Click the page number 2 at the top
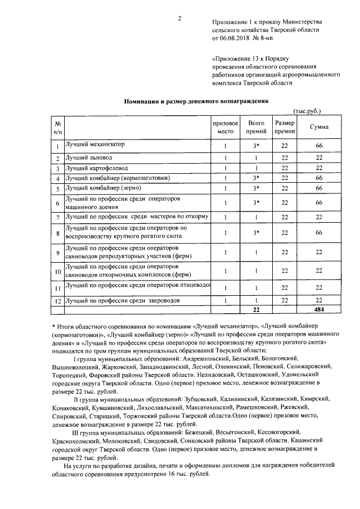click(x=179, y=19)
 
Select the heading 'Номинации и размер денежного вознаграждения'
click(x=196, y=101)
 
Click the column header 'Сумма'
click(x=319, y=127)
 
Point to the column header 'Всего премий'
click(x=256, y=127)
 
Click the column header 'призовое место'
click(x=225, y=127)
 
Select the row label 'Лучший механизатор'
click(x=94, y=145)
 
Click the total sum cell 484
click(x=319, y=309)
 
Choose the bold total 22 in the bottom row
click(x=256, y=309)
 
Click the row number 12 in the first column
click(x=57, y=301)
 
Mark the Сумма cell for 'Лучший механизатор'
click(x=319, y=146)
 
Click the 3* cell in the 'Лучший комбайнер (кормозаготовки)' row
click(x=256, y=178)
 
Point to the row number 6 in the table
click(x=57, y=203)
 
